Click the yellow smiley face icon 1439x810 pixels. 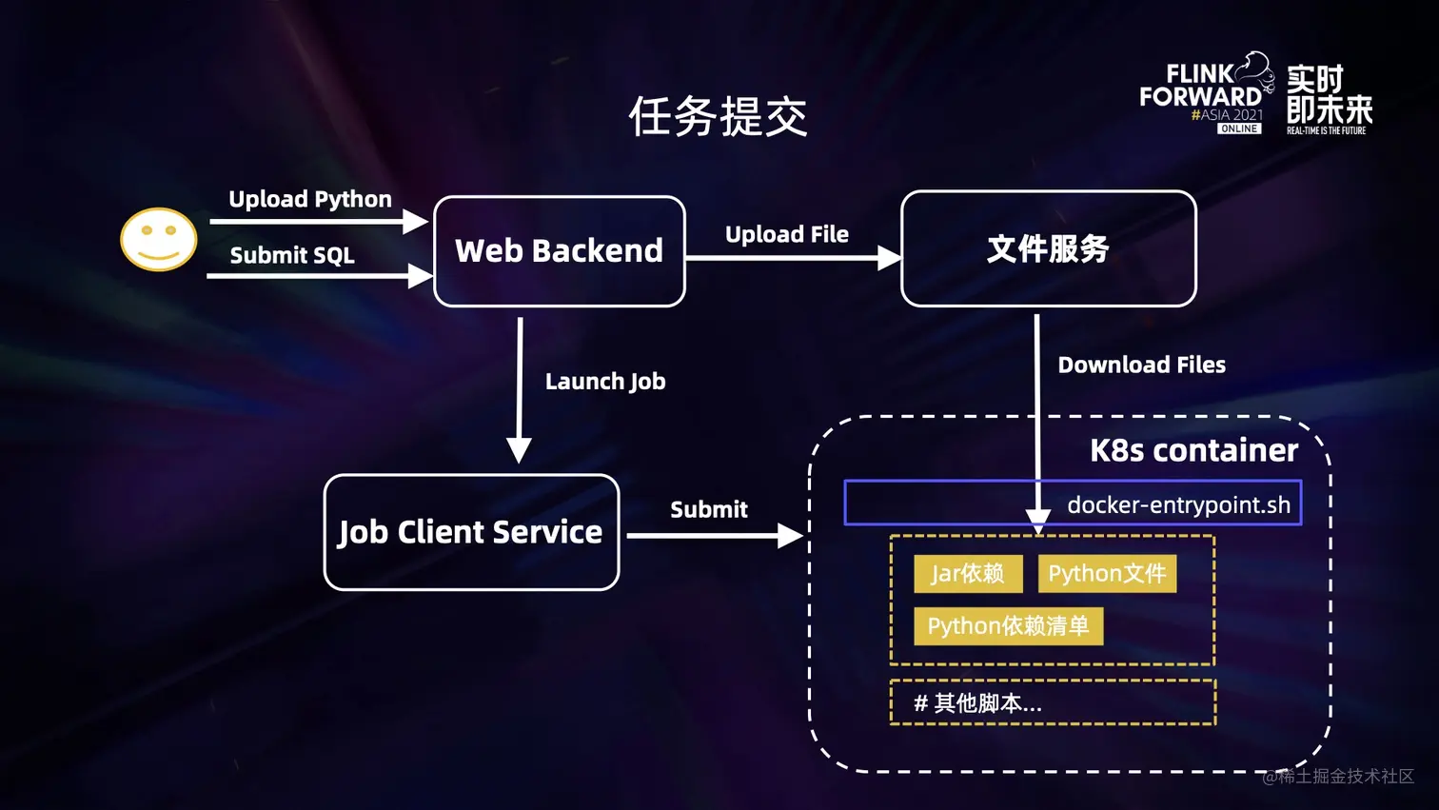(x=158, y=239)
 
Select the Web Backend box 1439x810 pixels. (x=560, y=251)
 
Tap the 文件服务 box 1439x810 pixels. (x=1048, y=248)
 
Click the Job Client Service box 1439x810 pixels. (x=471, y=532)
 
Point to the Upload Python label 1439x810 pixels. (x=310, y=199)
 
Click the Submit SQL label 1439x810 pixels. (x=292, y=255)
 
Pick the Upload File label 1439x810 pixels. (x=786, y=234)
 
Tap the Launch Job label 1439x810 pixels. (x=605, y=382)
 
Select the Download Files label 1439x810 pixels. (x=1141, y=365)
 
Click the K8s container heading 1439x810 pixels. (x=1193, y=450)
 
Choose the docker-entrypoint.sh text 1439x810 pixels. (x=1178, y=504)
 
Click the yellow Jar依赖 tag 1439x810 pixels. (x=968, y=573)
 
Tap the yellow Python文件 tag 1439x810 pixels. (x=1107, y=573)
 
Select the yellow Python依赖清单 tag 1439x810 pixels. (x=1008, y=625)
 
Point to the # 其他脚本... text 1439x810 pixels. (x=977, y=703)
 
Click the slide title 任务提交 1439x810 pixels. (x=719, y=117)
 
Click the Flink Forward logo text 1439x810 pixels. (x=1200, y=86)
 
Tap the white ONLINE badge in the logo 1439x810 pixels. (x=1238, y=128)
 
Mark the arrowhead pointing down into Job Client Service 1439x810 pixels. (x=519, y=451)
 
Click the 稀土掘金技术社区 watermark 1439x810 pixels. (x=1339, y=777)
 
